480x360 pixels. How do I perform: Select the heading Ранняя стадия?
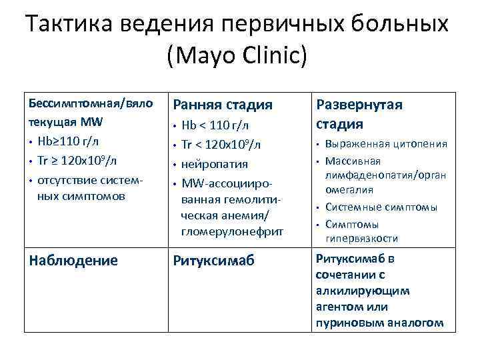point(223,105)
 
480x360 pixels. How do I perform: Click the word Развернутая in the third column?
point(359,105)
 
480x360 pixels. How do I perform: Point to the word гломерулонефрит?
point(232,231)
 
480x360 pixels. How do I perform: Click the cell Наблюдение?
point(73,261)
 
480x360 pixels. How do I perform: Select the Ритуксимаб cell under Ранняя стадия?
point(213,261)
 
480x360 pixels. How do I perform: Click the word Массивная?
point(352,161)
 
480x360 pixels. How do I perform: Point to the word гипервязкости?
point(362,238)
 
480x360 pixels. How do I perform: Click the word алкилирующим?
point(363,291)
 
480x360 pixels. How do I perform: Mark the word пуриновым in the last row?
point(347,323)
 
